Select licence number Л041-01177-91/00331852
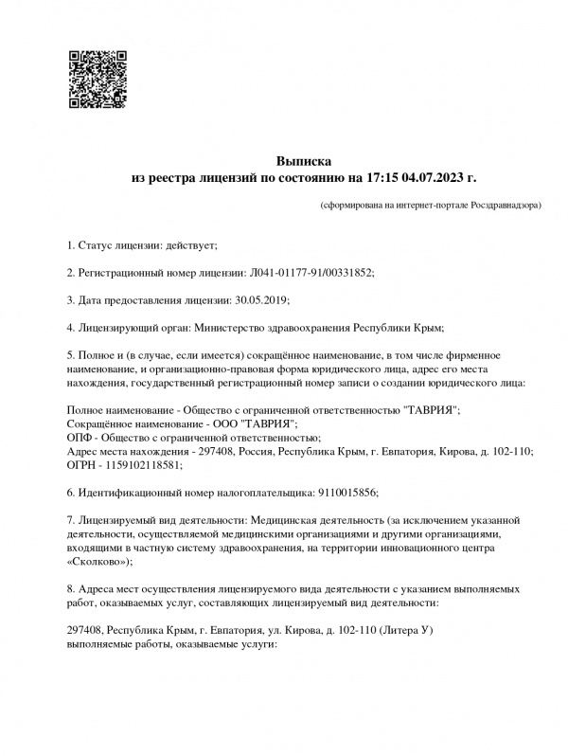(x=311, y=273)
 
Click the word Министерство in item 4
(x=233, y=328)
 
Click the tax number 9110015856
(x=345, y=493)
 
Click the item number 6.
(x=71, y=493)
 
